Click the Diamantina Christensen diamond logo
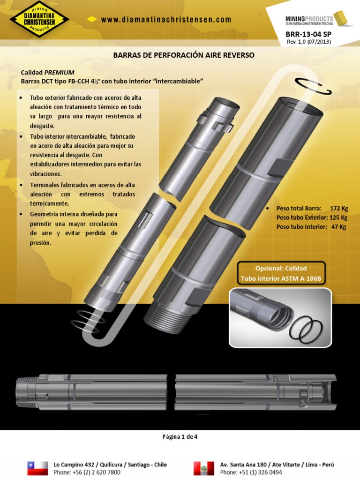coord(39,19)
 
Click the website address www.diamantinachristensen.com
coord(166,20)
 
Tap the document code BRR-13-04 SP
coord(308,34)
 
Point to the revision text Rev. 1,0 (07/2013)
coord(308,42)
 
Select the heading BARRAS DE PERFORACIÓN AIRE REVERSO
coord(184,55)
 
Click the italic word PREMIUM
coord(60,73)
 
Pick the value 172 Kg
coord(339,209)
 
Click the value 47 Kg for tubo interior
coord(338,227)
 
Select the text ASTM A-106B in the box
coord(301,278)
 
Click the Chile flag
coord(37,468)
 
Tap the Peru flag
coord(204,468)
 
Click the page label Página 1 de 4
coord(180,437)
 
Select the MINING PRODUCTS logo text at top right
coord(309,21)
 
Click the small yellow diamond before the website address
coord(92,19)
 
